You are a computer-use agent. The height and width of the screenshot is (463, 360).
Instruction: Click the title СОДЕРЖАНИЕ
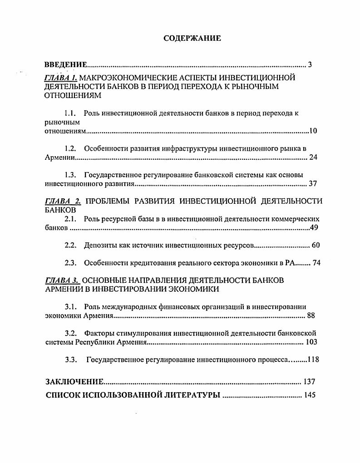click(x=192, y=39)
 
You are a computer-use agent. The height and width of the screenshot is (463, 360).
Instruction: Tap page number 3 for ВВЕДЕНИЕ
click(x=310, y=64)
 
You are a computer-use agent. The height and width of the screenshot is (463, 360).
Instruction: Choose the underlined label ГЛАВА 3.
click(x=62, y=280)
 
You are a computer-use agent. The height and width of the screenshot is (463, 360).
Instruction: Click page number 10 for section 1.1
click(x=313, y=131)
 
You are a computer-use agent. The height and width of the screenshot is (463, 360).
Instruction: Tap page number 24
click(x=313, y=158)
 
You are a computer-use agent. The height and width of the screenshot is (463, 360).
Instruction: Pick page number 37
click(x=313, y=184)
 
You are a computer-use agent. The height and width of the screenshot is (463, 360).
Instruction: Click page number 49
click(x=313, y=227)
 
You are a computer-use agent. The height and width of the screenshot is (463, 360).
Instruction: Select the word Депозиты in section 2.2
click(x=99, y=246)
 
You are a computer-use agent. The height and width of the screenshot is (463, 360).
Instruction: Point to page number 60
click(x=316, y=246)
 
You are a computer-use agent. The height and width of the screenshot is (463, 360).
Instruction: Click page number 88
click(x=311, y=315)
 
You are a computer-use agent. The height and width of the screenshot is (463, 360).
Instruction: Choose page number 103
click(x=311, y=342)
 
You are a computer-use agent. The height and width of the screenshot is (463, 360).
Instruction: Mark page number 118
click(x=313, y=360)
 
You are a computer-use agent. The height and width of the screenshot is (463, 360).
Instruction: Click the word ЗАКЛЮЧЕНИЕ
click(x=74, y=382)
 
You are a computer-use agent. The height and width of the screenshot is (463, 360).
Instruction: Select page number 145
click(x=310, y=395)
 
